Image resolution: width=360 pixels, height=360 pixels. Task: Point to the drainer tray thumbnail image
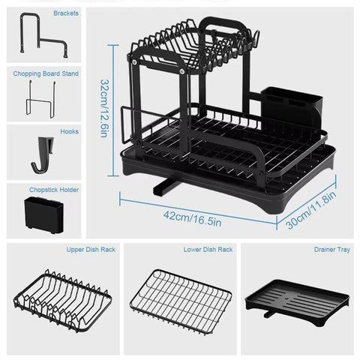click(300, 300)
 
